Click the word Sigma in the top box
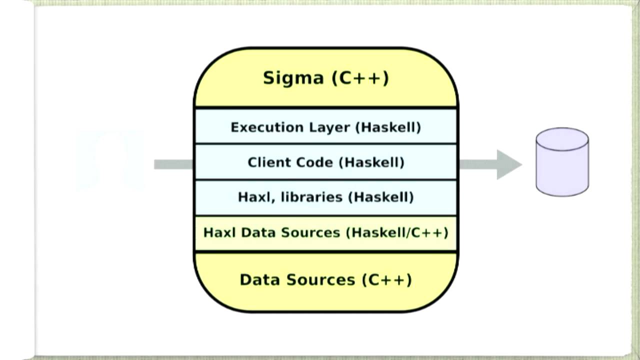(293, 78)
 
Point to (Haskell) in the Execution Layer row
(388, 127)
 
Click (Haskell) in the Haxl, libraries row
(381, 197)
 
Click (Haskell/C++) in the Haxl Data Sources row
(399, 232)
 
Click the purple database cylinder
(562, 167)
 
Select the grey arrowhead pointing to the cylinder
(508, 164)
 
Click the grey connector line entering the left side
(173, 164)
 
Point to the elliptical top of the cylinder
(562, 139)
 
